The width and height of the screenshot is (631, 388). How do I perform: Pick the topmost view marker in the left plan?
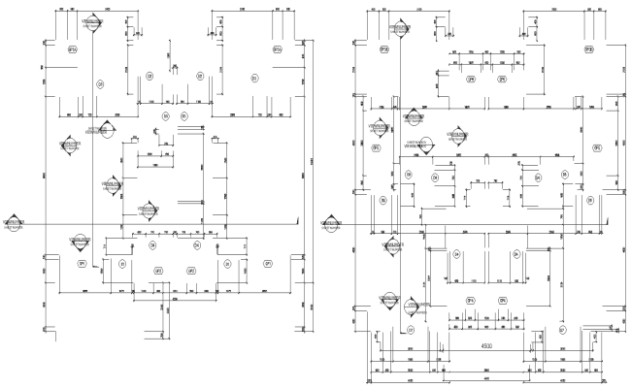[93, 20]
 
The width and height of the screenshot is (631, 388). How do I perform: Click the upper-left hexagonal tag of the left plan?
[71, 48]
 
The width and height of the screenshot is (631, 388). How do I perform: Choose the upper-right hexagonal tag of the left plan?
[277, 48]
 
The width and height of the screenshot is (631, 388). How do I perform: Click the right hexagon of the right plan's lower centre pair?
[502, 301]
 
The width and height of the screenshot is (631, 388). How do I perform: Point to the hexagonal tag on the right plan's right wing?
[598, 148]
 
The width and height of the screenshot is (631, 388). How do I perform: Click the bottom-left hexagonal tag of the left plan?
[83, 263]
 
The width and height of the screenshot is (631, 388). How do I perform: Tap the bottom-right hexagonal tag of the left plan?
[268, 263]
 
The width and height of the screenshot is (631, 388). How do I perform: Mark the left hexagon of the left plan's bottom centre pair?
[157, 271]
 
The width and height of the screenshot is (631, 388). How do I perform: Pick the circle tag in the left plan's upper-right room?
[254, 78]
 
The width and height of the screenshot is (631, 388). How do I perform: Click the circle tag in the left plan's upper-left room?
[99, 85]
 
